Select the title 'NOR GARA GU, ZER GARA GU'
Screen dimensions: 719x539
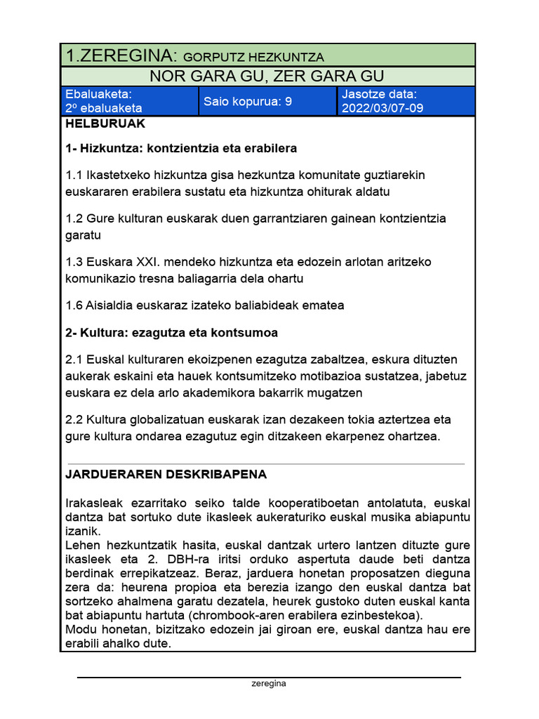267,76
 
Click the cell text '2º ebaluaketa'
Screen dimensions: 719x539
103,108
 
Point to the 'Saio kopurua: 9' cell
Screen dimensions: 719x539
248,101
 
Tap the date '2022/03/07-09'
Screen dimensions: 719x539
382,108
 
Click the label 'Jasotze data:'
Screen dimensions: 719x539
379,94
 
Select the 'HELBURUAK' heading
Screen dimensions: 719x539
105,124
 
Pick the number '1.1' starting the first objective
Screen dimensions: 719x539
74,175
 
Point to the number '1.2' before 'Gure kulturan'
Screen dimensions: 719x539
74,218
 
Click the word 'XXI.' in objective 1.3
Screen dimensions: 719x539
151,262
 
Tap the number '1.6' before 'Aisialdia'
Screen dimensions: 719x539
74,305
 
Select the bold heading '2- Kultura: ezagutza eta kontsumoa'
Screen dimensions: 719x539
171,332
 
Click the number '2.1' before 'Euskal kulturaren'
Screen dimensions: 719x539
74,359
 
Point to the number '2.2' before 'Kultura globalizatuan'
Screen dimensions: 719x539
74,419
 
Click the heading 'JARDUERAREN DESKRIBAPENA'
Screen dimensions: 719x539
166,474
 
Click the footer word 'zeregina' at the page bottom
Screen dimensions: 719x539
269,683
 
